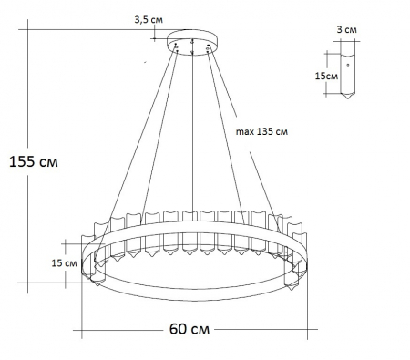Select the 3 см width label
(x=345, y=30)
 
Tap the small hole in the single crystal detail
(x=347, y=67)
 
